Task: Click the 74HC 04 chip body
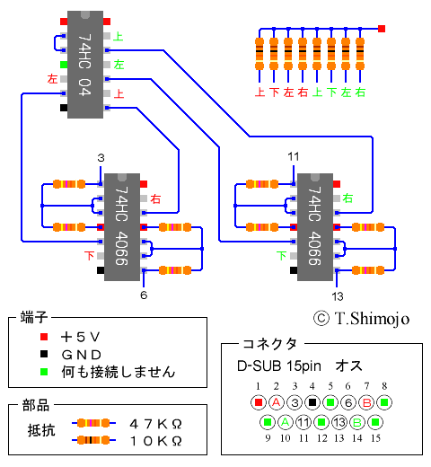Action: (85, 65)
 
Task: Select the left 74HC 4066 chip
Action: (122, 227)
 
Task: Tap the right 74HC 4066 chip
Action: (315, 227)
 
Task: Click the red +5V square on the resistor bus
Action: (382, 29)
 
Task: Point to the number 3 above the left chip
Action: (101, 158)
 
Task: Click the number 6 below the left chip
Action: (144, 295)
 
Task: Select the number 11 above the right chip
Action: (294, 156)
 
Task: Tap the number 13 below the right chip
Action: (338, 296)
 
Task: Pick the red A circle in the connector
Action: (277, 402)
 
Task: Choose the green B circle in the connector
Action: (357, 422)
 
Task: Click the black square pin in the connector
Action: (312, 402)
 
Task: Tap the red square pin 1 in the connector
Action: (259, 402)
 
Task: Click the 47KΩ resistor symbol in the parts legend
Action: (93, 423)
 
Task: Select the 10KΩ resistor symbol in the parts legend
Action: (93, 440)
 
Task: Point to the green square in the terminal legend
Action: (44, 372)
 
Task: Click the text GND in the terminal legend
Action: (82, 355)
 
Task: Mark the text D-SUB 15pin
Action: (279, 366)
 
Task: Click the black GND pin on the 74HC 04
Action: (64, 108)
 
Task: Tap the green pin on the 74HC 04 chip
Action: (64, 65)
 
